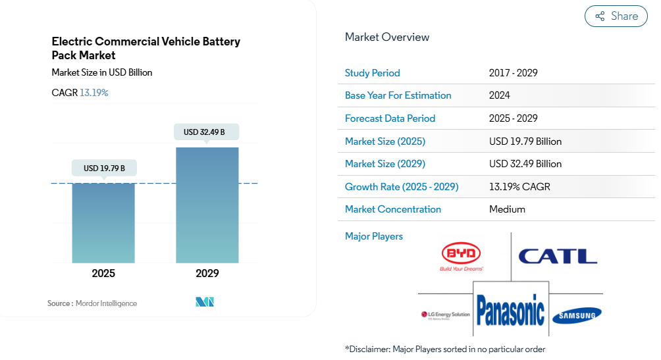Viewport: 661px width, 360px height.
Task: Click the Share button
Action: point(616,16)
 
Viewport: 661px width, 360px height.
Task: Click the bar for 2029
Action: point(207,205)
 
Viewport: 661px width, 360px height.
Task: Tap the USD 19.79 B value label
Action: point(104,168)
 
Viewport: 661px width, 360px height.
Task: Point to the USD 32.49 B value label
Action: point(204,132)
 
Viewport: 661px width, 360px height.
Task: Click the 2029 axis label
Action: point(207,273)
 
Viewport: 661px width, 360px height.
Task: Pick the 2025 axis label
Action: point(103,273)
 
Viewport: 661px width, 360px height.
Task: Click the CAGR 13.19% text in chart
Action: point(80,93)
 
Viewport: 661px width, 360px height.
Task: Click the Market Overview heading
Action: point(387,38)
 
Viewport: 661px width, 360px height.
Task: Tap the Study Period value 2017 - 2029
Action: point(513,73)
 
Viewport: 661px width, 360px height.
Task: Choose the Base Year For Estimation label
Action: point(398,95)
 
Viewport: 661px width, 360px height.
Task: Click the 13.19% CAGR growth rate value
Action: point(519,187)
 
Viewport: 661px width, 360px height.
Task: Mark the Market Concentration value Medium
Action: point(507,209)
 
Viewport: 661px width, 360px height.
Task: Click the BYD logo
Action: point(462,256)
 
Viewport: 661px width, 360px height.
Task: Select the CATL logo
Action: point(557,255)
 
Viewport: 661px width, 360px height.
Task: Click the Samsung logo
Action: point(576,315)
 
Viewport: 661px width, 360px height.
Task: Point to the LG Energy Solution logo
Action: point(445,315)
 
